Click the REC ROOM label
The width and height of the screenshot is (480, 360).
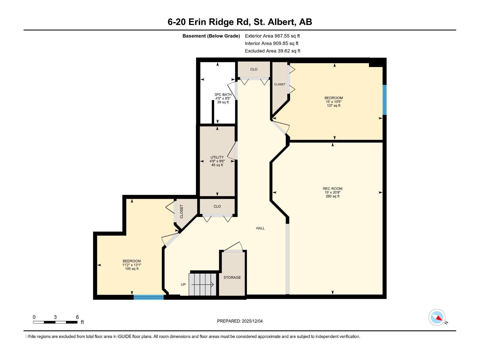click(x=332, y=189)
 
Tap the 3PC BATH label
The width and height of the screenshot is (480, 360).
click(x=223, y=94)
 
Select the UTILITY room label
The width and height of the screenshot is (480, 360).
click(x=217, y=157)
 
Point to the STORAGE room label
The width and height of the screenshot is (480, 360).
click(x=232, y=277)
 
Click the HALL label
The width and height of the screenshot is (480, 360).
click(x=260, y=228)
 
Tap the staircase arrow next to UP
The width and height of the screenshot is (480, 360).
click(x=202, y=284)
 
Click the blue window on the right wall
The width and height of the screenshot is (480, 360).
click(x=384, y=100)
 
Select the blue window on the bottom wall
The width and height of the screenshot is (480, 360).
click(x=148, y=297)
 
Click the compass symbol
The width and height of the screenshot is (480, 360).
click(x=437, y=317)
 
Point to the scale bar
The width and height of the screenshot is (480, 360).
click(x=55, y=322)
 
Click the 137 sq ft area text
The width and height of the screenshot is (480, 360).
click(x=334, y=106)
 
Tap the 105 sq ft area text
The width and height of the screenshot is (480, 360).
click(x=132, y=269)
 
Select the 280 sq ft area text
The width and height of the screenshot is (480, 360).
click(x=332, y=196)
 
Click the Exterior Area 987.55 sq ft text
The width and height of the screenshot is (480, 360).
click(x=272, y=36)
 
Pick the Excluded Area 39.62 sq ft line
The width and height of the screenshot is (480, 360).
click(x=272, y=51)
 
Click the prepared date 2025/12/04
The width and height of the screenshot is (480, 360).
click(x=240, y=321)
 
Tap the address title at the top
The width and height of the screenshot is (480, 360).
click(x=240, y=22)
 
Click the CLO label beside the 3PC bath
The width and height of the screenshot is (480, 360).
click(x=254, y=69)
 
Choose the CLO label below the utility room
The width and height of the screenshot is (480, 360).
click(x=217, y=206)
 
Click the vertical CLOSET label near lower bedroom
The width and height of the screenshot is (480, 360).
click(x=181, y=211)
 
